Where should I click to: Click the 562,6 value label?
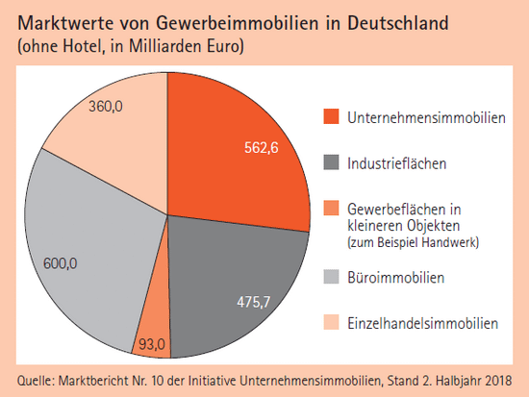click(262, 148)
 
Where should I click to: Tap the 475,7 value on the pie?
click(254, 302)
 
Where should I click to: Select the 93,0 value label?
click(152, 344)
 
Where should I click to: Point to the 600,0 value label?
click(60, 263)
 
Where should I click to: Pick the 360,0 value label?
click(106, 107)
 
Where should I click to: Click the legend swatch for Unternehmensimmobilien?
click(331, 116)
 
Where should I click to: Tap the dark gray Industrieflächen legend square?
click(331, 162)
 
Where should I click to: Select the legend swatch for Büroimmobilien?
click(331, 276)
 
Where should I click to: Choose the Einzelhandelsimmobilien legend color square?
click(331, 322)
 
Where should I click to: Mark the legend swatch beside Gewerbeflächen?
click(331, 209)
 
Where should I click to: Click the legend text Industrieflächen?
click(396, 163)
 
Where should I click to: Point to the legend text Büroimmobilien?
click(395, 278)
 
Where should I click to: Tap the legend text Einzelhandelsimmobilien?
click(423, 323)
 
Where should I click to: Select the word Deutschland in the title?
click(398, 24)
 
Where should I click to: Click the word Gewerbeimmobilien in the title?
click(238, 24)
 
